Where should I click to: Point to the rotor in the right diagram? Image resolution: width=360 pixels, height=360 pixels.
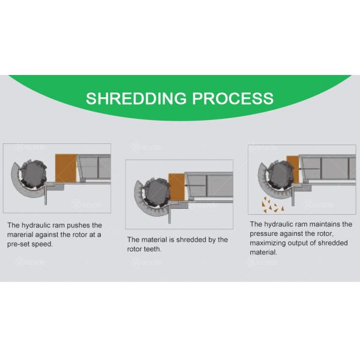point(282,175)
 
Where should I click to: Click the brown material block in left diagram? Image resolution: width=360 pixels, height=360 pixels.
point(66,167)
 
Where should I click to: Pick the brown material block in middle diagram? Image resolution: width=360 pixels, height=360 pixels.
point(176,187)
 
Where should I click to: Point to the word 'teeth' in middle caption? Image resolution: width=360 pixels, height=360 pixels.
point(152,248)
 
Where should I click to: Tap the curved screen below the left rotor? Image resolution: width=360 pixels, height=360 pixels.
point(24,190)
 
